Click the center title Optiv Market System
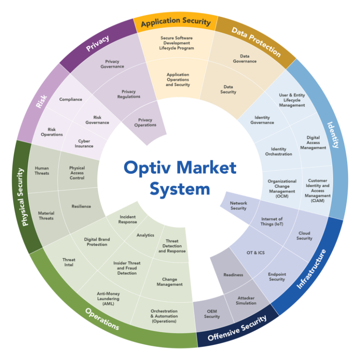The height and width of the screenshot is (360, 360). pos(180,178)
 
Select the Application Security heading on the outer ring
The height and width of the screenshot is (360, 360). pos(176,22)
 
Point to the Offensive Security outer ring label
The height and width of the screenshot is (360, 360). pos(237,329)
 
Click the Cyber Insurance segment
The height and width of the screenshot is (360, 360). pos(84,144)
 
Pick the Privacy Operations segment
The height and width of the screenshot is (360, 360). pos(145,122)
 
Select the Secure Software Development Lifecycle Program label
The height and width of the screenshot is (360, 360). pos(176,43)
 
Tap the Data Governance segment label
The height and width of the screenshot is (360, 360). pos(245,59)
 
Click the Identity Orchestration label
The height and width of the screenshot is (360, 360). pos(278,152)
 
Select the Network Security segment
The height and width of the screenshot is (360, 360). pos(239,206)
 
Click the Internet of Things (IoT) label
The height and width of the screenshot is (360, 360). pos(272,221)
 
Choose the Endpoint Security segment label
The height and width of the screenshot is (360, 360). pos(277,277)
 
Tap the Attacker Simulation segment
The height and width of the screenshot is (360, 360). pos(246,300)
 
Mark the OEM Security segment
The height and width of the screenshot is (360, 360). pos(212,314)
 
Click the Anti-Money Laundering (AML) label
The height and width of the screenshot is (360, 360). pos(108,299)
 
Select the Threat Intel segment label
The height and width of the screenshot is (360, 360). pos(69,262)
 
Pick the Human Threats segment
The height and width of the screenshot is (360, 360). pos(42,171)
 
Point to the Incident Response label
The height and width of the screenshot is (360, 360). pos(127,219)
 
